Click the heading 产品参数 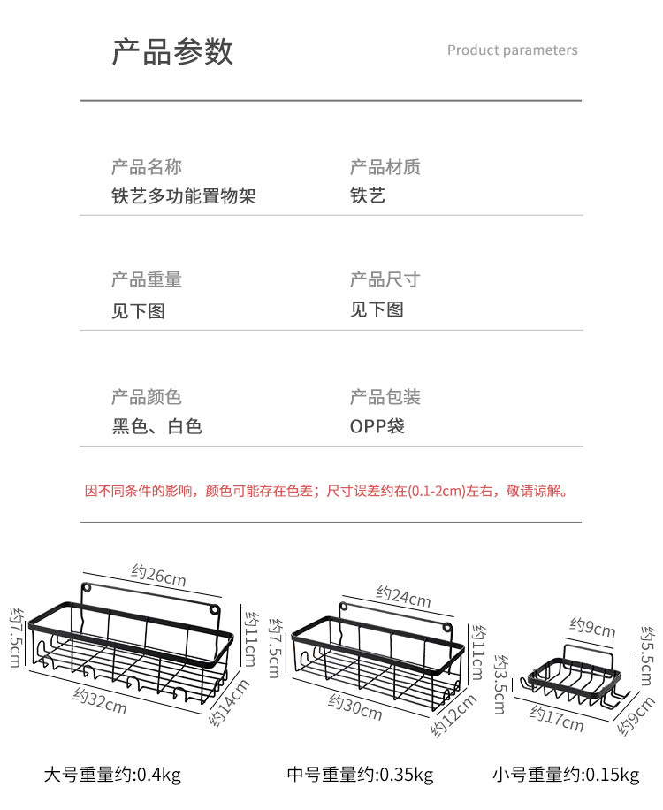tap(172, 51)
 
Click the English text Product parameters tap(512, 50)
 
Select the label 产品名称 tap(147, 167)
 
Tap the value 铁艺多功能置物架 tap(184, 195)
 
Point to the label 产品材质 tap(385, 167)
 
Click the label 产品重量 tap(147, 279)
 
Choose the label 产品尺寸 tap(385, 279)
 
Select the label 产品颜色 tap(147, 397)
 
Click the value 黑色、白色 tap(157, 426)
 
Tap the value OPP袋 tap(377, 426)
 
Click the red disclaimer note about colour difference tap(326, 491)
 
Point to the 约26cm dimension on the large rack tap(159, 576)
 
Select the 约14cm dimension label tap(229, 703)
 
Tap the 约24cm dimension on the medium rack tap(403, 597)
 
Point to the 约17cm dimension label tap(557, 718)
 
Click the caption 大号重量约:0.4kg tap(112, 776)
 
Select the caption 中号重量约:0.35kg tap(360, 776)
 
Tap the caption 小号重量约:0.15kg tap(566, 776)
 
